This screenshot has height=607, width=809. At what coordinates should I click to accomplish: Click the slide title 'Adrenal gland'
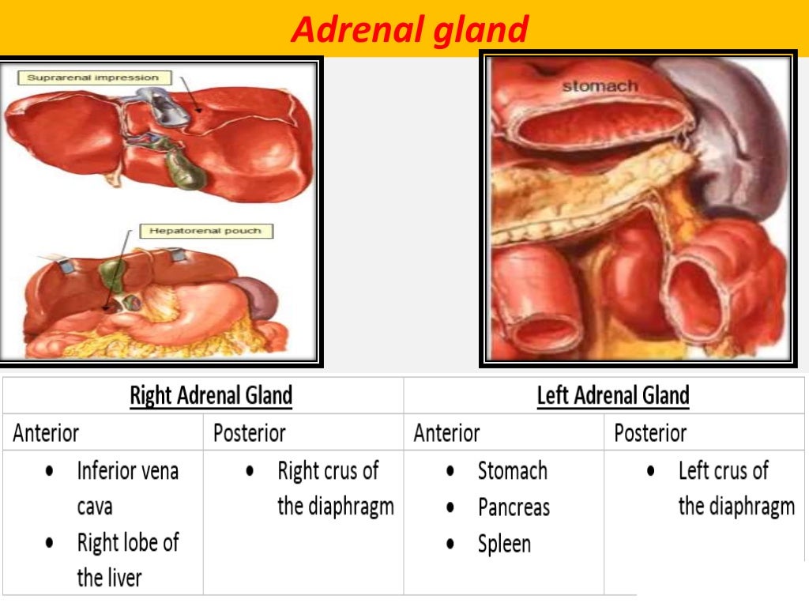pos(409,30)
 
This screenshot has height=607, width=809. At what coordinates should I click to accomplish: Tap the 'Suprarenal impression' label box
pos(92,77)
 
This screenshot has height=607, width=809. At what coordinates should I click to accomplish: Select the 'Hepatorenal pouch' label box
pos(205,231)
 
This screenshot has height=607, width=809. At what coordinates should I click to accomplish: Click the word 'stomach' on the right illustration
pos(600,85)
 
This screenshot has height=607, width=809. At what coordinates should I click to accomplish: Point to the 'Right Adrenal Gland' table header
pos(211,395)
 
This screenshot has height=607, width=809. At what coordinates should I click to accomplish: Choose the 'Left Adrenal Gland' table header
pos(613,395)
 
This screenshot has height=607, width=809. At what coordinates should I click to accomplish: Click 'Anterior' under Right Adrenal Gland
pos(46,433)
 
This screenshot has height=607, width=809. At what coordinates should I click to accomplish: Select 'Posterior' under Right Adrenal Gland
pos(249,433)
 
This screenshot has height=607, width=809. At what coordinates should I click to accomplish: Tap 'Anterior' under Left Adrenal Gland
pos(446,433)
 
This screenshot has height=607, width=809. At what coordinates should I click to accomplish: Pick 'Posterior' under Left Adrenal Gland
pos(650,433)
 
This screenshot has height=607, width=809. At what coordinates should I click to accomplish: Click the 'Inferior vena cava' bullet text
pos(127,488)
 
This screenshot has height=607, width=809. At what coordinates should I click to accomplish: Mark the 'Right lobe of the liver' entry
pos(127,560)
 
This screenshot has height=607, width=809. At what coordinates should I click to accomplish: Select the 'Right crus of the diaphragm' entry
pos(335,488)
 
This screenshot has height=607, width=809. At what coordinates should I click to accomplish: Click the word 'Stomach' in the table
pos(512,471)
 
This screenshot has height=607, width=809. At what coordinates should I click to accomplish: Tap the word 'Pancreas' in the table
pos(514,507)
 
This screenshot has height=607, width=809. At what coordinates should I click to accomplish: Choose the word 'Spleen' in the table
pos(504,544)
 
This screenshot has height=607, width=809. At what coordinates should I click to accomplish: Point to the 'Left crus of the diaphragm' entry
pos(736,488)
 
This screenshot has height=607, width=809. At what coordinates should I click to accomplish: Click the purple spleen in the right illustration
pos(735,134)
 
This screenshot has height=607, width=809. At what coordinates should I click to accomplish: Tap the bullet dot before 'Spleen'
pos(450,544)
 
